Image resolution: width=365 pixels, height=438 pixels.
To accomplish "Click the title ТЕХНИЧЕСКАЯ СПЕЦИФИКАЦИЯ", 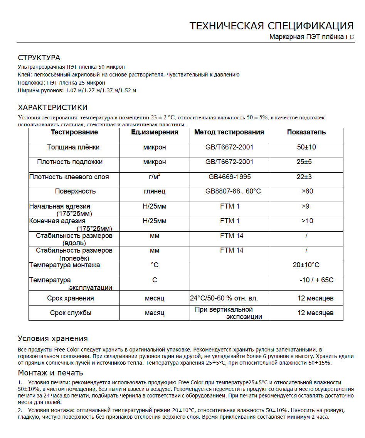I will tap(271, 26).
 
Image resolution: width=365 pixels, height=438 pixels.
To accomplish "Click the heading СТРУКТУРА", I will tap(39, 58).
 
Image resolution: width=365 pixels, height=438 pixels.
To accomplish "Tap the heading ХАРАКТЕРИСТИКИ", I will tap(53, 107).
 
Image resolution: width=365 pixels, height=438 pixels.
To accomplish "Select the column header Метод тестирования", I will tap(229, 132).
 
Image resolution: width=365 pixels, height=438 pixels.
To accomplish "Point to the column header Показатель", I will tap(306, 132).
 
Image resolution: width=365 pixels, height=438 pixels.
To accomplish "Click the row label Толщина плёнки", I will tap(73, 147).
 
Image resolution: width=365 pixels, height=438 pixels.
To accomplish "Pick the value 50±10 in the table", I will tap(306, 147).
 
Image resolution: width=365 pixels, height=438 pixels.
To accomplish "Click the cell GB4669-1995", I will tap(230, 177).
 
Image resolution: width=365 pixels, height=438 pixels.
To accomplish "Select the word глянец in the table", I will tap(155, 191).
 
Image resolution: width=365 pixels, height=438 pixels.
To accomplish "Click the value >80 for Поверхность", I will tap(307, 191).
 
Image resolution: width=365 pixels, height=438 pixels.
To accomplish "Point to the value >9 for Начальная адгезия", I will tap(305, 206).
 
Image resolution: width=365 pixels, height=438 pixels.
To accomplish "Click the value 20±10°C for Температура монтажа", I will tap(306, 265).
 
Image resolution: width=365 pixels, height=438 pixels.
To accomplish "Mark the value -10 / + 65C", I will tap(316, 280).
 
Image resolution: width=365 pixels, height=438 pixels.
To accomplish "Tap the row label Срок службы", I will tap(71, 313).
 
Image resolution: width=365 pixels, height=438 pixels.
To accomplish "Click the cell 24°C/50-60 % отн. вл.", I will tap(224, 298).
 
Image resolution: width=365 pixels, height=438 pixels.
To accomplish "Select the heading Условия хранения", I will tap(53, 339).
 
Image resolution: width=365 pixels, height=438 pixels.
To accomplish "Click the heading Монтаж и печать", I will tap(50, 373).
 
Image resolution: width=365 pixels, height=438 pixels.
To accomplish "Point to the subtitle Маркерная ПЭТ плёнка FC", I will tap(311, 37).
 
